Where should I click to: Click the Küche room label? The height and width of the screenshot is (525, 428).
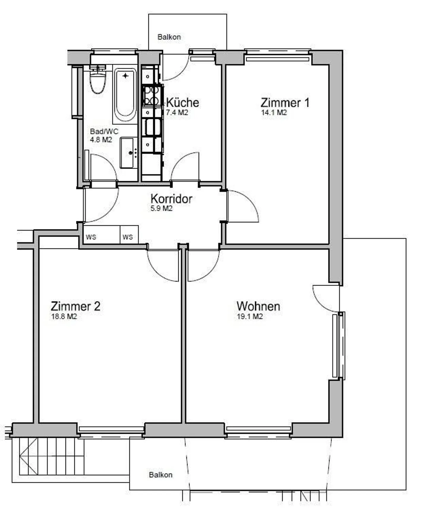[x=182, y=102]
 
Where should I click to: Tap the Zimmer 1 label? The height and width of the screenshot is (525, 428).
[x=285, y=103]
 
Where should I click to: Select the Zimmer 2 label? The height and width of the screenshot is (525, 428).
[x=75, y=306]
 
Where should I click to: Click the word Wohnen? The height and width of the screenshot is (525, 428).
[x=258, y=306]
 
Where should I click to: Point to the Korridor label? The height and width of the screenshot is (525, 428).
[x=171, y=199]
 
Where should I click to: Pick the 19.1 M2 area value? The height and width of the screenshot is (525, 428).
[x=250, y=316]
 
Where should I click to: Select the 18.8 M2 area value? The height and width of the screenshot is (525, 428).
[x=64, y=316]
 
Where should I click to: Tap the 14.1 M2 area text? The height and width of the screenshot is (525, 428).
[x=274, y=113]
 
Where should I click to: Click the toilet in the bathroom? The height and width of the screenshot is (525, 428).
[x=98, y=80]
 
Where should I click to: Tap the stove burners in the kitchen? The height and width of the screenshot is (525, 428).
[x=151, y=95]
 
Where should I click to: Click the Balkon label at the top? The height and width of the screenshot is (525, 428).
[x=169, y=37]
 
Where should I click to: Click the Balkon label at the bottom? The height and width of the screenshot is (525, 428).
[x=160, y=475]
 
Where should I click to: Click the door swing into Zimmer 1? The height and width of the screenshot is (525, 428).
[x=243, y=206]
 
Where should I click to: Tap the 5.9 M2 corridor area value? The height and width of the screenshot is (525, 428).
[x=161, y=209]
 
